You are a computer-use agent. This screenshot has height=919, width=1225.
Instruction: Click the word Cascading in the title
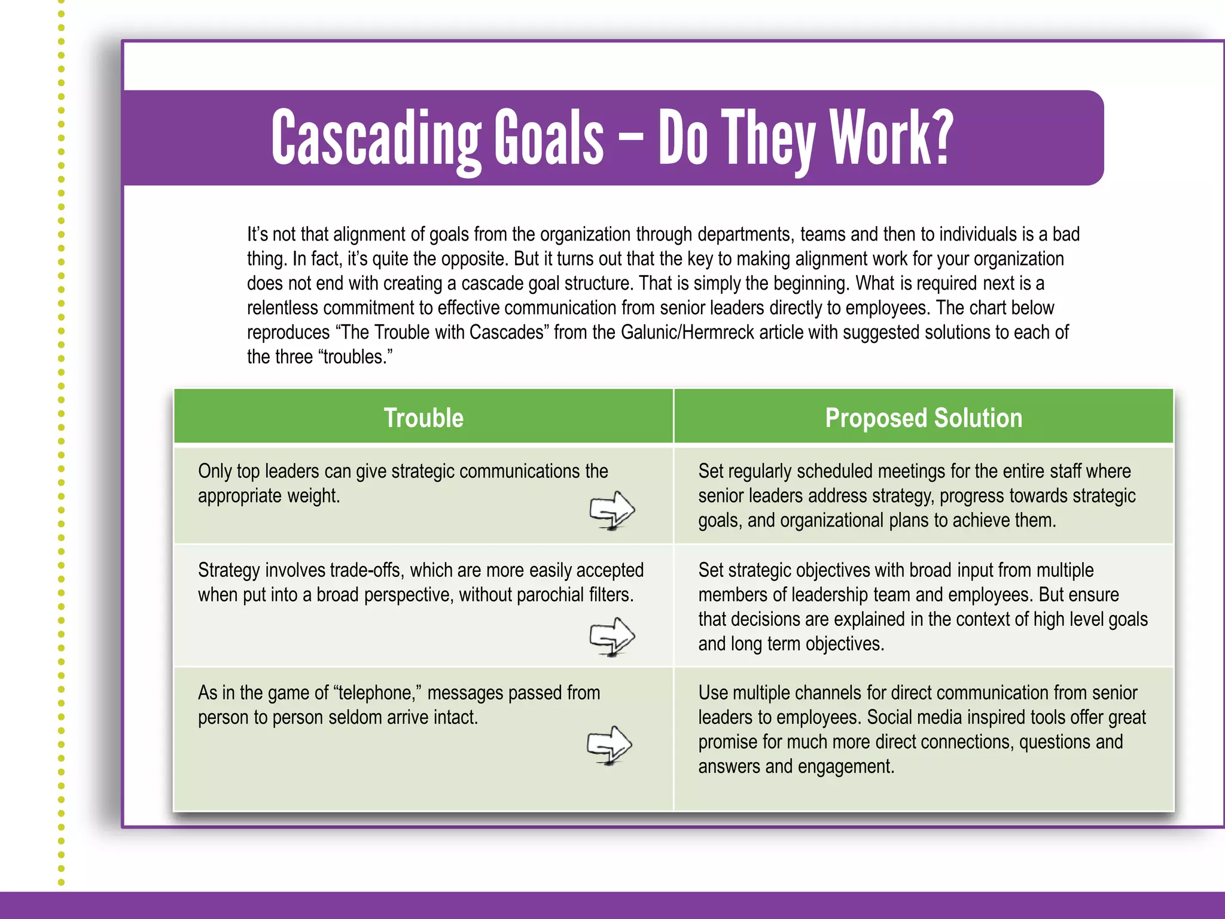coord(376,139)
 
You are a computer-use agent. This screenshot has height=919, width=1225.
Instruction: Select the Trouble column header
coord(423,418)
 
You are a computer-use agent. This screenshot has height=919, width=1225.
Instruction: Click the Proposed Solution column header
coord(924,418)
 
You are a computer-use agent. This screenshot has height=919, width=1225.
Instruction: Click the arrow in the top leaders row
coord(612,510)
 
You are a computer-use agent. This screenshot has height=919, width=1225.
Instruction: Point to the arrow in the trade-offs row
coord(612,636)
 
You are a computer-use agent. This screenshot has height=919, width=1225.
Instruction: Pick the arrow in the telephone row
coord(610,745)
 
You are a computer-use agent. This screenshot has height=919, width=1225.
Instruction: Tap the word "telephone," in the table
coord(379,693)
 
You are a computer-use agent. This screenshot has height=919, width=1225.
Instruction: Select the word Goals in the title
coord(548,139)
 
